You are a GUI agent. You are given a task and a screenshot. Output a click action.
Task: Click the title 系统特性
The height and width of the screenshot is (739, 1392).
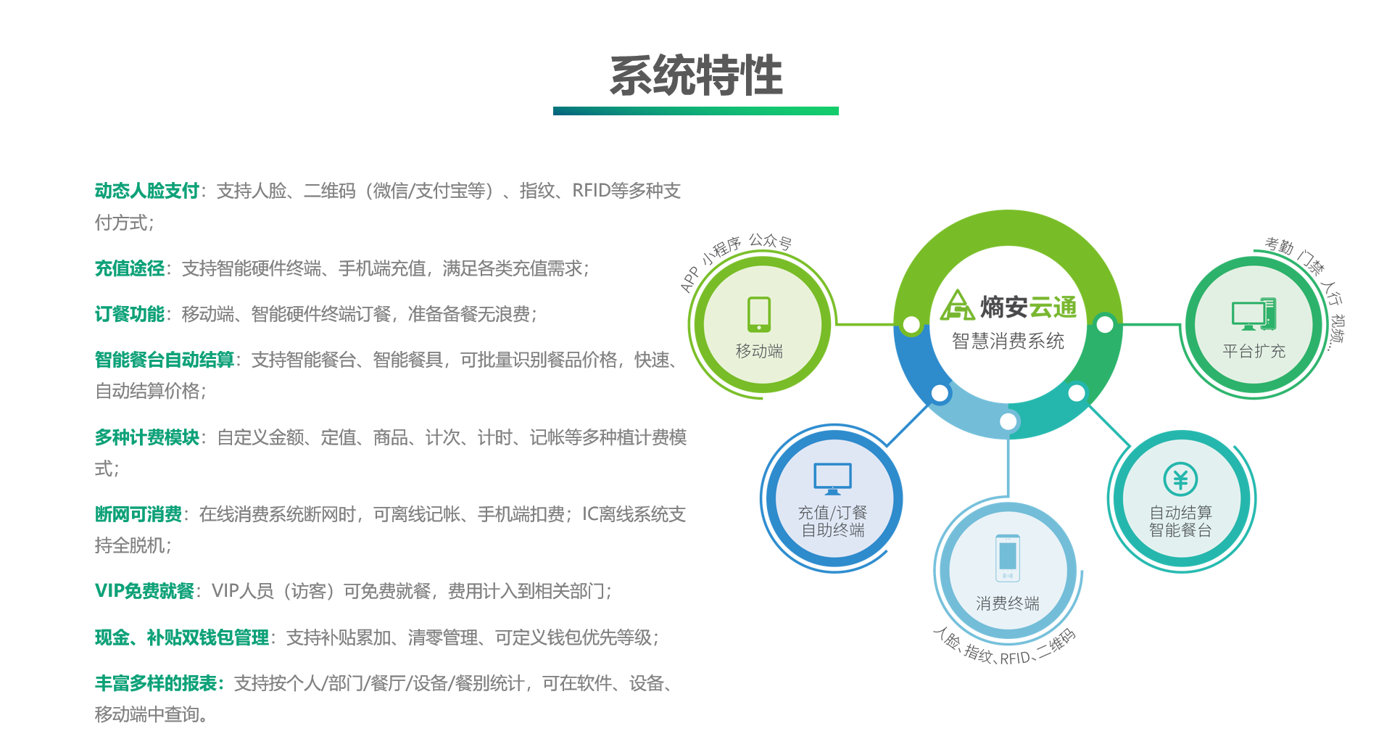point(696,75)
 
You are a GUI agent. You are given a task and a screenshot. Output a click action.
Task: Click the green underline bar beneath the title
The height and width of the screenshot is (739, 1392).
point(696,111)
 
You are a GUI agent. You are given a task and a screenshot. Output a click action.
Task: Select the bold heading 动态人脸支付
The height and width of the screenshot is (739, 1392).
point(147,191)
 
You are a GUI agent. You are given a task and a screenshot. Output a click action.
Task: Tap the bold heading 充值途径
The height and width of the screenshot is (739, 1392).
point(130,268)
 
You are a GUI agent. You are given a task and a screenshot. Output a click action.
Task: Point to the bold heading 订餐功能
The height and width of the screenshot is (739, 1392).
point(130,314)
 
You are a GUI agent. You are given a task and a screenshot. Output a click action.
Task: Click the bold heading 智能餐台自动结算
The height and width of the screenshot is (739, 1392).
point(165,360)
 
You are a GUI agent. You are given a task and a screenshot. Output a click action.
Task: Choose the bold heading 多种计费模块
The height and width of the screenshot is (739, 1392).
point(147,437)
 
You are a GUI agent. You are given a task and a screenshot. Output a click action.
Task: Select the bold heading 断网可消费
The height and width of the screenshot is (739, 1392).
point(138,514)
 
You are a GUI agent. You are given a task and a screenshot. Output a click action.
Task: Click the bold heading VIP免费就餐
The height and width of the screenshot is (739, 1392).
point(144,591)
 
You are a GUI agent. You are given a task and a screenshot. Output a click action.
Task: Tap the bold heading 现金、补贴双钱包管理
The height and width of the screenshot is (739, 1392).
point(182,637)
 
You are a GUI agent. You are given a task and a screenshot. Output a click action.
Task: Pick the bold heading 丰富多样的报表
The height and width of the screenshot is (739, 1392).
point(156,683)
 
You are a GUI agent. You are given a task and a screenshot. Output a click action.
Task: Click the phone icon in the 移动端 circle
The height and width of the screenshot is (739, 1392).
point(759,314)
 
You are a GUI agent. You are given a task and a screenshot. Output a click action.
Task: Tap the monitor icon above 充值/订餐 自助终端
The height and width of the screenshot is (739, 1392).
point(832,479)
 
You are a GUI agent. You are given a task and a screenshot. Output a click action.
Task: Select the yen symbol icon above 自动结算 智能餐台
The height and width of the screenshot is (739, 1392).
point(1180,479)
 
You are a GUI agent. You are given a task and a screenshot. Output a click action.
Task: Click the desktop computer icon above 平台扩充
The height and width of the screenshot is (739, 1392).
point(1254,314)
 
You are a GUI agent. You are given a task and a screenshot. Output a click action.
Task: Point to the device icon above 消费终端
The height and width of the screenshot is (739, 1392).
point(1008,558)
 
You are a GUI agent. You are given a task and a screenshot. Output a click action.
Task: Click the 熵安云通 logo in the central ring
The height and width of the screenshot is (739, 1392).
point(1008,306)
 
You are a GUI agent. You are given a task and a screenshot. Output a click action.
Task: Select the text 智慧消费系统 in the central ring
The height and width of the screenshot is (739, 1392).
point(1008,341)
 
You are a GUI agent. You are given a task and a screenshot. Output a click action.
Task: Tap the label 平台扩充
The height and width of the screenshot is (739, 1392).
point(1254,352)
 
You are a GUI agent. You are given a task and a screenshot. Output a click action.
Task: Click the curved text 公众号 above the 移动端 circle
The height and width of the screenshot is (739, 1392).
point(770,241)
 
